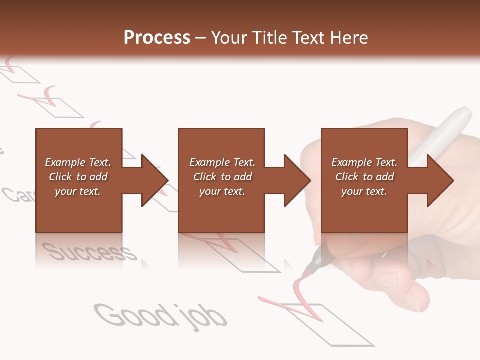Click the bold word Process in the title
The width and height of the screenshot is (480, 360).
(x=157, y=38)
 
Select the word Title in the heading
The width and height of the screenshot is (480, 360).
(x=268, y=38)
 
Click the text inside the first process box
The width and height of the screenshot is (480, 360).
(x=78, y=177)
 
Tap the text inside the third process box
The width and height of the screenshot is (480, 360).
(x=364, y=177)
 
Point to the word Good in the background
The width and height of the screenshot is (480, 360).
(x=133, y=315)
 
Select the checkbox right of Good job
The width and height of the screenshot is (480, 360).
(x=340, y=325)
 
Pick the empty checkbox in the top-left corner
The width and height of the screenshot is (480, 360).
(x=20, y=73)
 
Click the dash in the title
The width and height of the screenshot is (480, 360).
(x=201, y=38)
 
